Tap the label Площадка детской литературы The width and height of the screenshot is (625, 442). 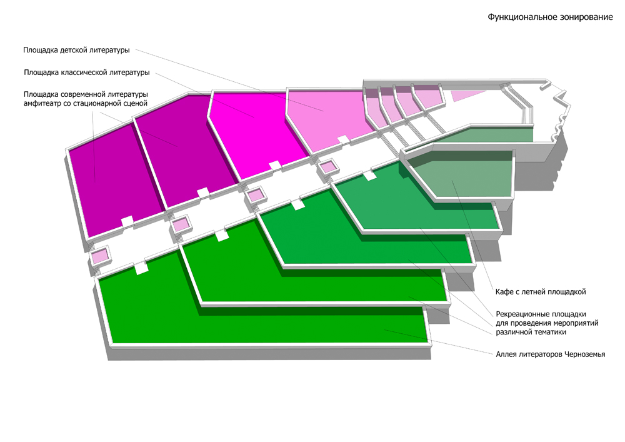(76, 49)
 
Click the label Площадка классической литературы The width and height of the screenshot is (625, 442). (86, 73)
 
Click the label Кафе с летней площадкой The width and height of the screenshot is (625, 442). (540, 291)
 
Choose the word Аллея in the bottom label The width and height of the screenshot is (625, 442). (507, 354)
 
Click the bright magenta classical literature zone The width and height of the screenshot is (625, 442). (256, 134)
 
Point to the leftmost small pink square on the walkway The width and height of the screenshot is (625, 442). (100, 256)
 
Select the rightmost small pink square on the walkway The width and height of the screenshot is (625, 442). (327, 167)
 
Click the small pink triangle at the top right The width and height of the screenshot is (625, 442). (466, 95)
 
